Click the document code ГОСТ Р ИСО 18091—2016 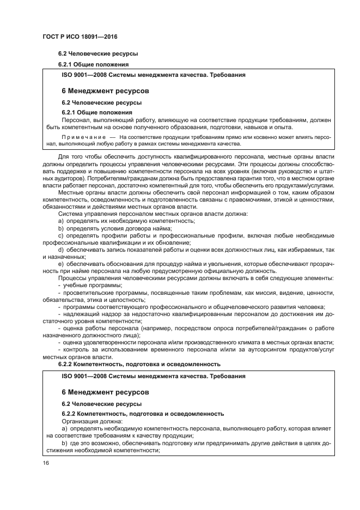click(x=80, y=37)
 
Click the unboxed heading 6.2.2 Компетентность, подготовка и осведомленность click(x=139, y=363)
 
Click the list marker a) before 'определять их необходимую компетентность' click(x=61, y=221)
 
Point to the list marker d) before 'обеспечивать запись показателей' click(x=61, y=249)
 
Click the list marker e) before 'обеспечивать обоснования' click(x=61, y=264)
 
